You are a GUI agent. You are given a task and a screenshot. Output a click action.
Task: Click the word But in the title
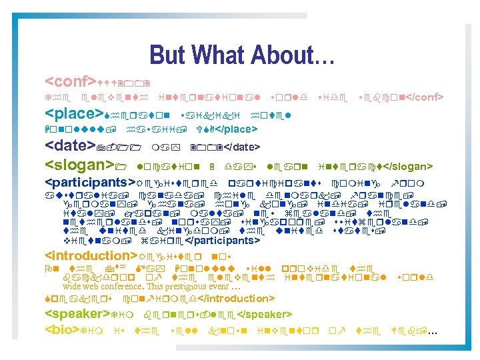(x=166, y=55)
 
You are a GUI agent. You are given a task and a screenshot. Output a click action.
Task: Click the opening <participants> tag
(x=91, y=182)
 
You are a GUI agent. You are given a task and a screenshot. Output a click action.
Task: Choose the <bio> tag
(x=62, y=330)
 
